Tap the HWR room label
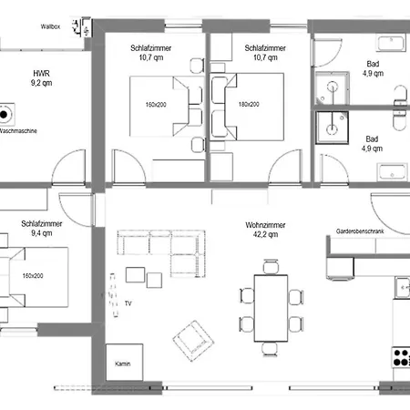click(x=42, y=72)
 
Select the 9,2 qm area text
click(x=42, y=82)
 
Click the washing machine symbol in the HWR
click(x=9, y=116)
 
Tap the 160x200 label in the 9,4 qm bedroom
click(x=35, y=276)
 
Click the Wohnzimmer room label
click(x=265, y=225)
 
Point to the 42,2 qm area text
click(x=265, y=235)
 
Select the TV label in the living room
click(x=128, y=302)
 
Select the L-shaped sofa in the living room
click(x=159, y=250)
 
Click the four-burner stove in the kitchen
click(x=401, y=357)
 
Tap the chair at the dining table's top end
click(x=269, y=266)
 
